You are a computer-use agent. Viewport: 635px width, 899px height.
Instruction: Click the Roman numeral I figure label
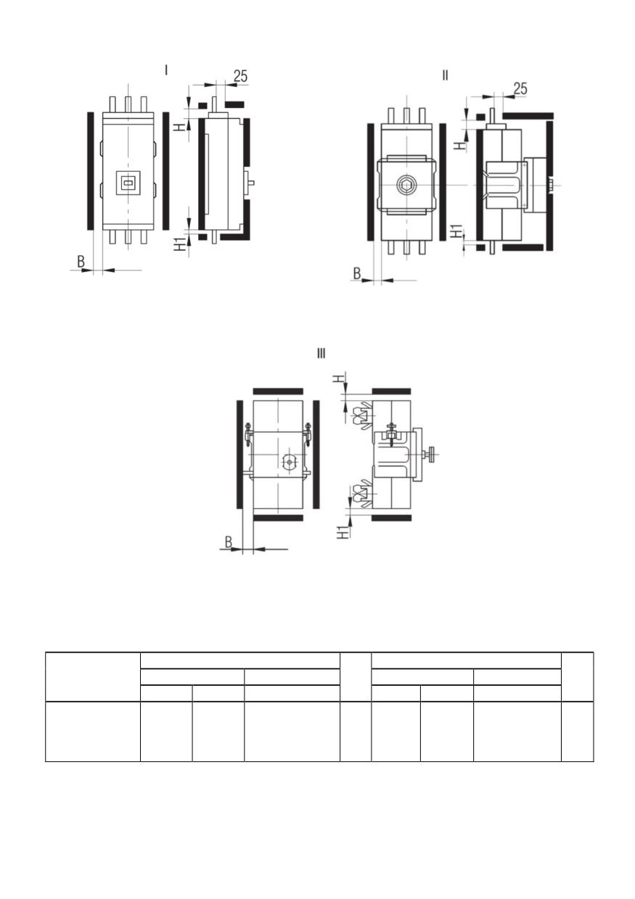pyautogui.click(x=166, y=70)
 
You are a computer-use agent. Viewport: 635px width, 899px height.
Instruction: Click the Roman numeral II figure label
pyautogui.click(x=445, y=75)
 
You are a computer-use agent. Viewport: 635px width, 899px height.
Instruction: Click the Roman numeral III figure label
pyautogui.click(x=321, y=353)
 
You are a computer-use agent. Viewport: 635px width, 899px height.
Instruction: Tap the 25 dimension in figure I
pyautogui.click(x=240, y=76)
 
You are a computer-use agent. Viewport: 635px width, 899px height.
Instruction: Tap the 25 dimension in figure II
pyautogui.click(x=520, y=88)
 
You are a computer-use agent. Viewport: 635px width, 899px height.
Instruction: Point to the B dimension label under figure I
pyautogui.click(x=81, y=262)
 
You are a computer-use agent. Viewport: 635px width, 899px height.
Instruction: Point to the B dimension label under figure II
pyautogui.click(x=356, y=273)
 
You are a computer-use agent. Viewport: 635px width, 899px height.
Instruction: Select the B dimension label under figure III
pyautogui.click(x=228, y=542)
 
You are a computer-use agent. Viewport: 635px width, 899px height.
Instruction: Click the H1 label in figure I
pyautogui.click(x=182, y=244)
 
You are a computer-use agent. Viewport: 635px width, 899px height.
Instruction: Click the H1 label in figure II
pyautogui.click(x=456, y=231)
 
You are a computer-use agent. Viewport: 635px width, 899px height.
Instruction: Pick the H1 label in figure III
pyautogui.click(x=343, y=532)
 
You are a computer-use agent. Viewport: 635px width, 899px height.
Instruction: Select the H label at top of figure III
pyautogui.click(x=340, y=378)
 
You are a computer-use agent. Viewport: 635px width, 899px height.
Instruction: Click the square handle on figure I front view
pyautogui.click(x=128, y=183)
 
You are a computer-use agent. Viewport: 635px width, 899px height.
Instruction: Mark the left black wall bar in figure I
pyautogui.click(x=91, y=171)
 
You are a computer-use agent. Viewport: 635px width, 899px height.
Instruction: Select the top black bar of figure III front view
pyautogui.click(x=278, y=391)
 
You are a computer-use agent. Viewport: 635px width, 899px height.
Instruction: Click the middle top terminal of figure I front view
pyautogui.click(x=128, y=104)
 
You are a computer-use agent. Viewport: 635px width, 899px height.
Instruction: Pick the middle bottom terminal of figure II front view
pyautogui.click(x=406, y=247)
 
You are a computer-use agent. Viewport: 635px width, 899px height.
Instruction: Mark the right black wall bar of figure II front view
pyautogui.click(x=443, y=182)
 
